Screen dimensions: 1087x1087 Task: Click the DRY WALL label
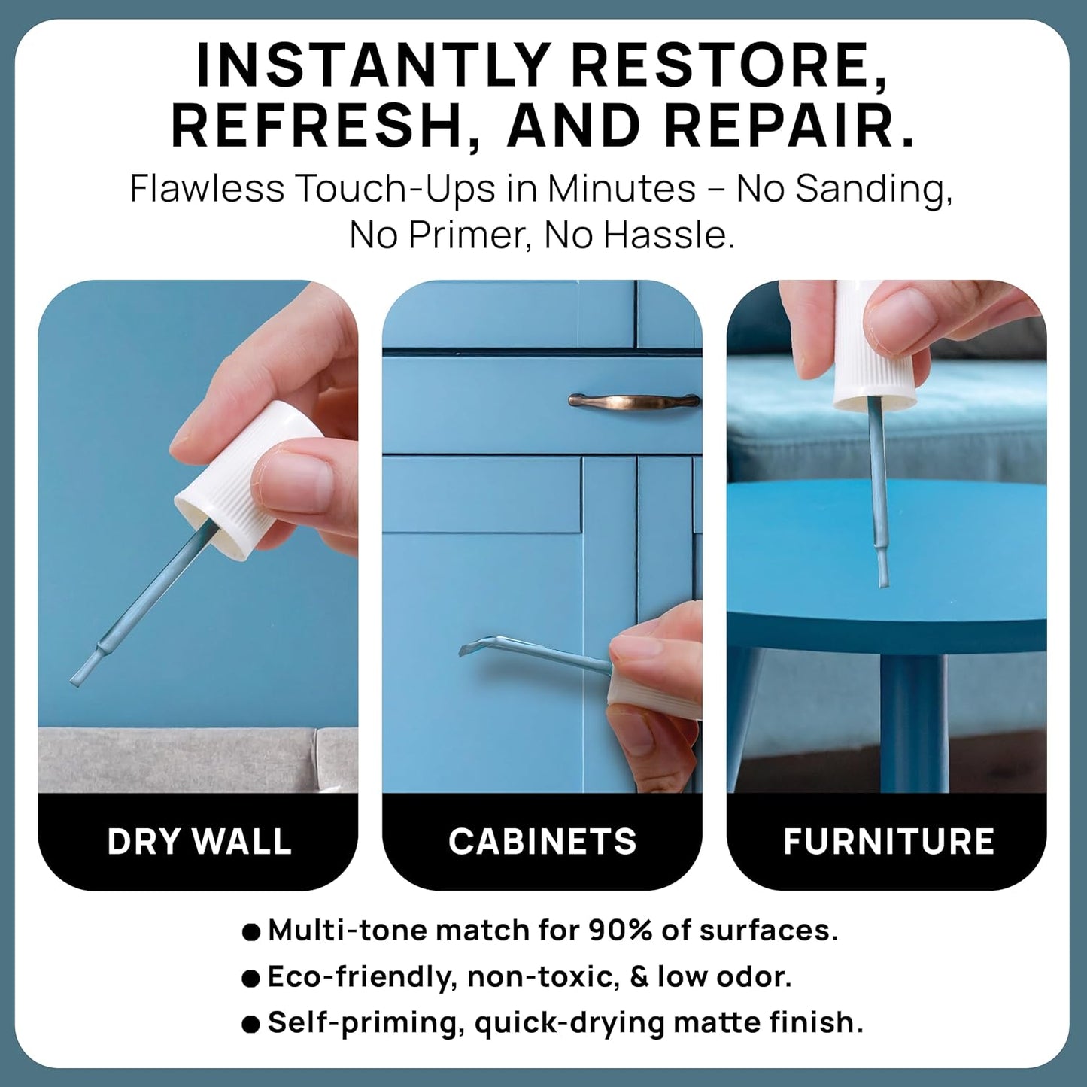pyautogui.click(x=199, y=841)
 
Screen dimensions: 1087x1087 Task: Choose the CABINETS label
pyautogui.click(x=542, y=841)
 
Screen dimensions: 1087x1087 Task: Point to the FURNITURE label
pyautogui.click(x=888, y=841)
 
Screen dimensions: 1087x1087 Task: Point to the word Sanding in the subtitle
pyautogui.click(x=873, y=189)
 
